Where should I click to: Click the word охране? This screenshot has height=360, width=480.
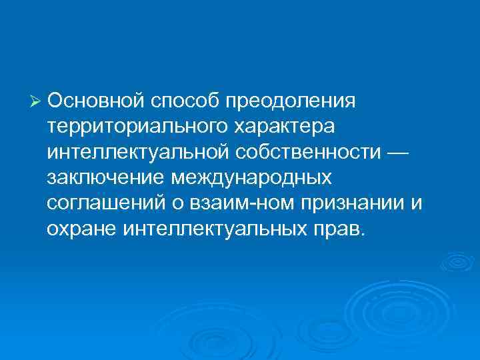coord(82,230)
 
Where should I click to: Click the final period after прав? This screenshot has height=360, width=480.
coord(363,235)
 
